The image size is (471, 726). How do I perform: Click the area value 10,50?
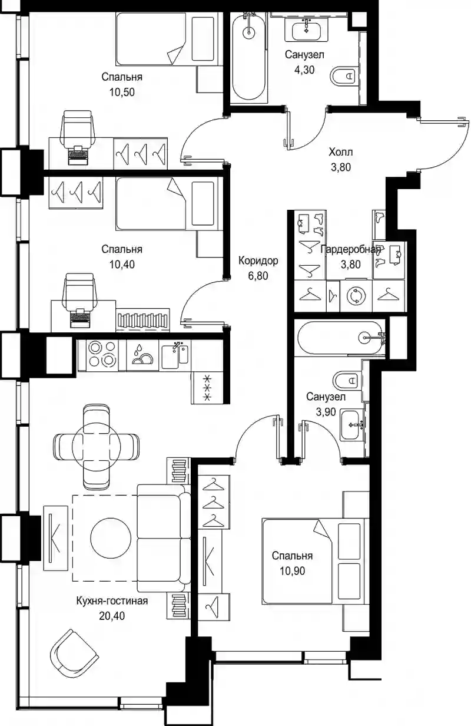pyautogui.click(x=122, y=92)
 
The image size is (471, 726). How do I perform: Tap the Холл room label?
pyautogui.click(x=341, y=151)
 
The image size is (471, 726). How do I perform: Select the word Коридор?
pyautogui.click(x=258, y=260)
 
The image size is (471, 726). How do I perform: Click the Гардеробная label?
pyautogui.click(x=350, y=250)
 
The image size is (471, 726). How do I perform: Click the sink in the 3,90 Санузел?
pyautogui.click(x=352, y=425)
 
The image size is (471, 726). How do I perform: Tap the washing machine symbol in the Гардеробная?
pyautogui.click(x=356, y=296)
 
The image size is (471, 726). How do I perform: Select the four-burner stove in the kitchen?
pyautogui.click(x=102, y=355)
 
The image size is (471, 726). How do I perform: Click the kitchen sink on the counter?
pyautogui.click(x=175, y=355)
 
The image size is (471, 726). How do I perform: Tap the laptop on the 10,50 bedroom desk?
pyautogui.click(x=78, y=155)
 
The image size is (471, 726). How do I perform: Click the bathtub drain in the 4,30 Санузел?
pyautogui.click(x=248, y=32)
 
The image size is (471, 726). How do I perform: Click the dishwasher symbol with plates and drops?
pyautogui.click(x=142, y=355)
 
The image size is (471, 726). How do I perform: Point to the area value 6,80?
pyautogui.click(x=258, y=276)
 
